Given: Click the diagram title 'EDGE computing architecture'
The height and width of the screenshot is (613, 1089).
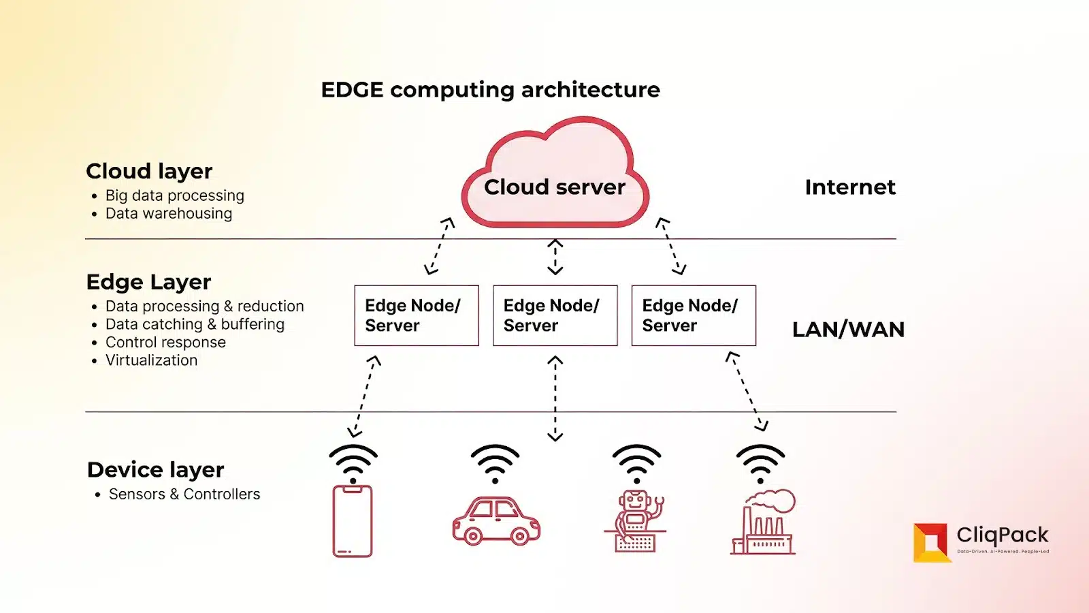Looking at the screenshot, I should click(x=490, y=89).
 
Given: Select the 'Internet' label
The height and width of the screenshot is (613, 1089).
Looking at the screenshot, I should click(x=850, y=187).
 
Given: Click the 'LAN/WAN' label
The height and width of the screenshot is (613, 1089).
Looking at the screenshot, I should click(x=848, y=330).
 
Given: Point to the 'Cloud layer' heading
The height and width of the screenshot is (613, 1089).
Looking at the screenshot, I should click(x=149, y=171).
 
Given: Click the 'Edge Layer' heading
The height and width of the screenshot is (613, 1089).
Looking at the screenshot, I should click(x=148, y=282).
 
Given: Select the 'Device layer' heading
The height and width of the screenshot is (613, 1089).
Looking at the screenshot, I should click(x=155, y=470).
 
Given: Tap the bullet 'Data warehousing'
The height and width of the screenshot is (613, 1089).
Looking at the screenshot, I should click(x=168, y=214).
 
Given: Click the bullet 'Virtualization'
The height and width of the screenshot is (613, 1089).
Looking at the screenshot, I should click(x=151, y=360).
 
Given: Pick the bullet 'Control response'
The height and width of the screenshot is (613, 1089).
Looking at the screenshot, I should click(x=165, y=343).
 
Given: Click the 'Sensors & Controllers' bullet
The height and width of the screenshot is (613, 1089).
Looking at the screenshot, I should click(x=184, y=494).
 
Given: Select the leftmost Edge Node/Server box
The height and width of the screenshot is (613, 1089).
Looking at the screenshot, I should click(x=417, y=315).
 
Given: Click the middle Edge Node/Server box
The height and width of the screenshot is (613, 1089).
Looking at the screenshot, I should click(x=555, y=315).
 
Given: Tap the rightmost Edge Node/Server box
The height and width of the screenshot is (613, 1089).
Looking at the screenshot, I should click(x=694, y=315).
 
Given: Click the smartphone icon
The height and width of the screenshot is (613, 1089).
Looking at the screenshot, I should click(x=353, y=521).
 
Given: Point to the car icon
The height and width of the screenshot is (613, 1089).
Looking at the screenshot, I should click(x=496, y=522).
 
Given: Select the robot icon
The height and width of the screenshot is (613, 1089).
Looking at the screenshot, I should click(x=635, y=521).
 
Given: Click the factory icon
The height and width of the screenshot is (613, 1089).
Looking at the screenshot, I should click(x=764, y=523).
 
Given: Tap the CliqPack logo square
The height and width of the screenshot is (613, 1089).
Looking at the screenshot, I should click(x=930, y=542).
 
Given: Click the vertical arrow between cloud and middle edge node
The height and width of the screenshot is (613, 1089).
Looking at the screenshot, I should click(x=555, y=257).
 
